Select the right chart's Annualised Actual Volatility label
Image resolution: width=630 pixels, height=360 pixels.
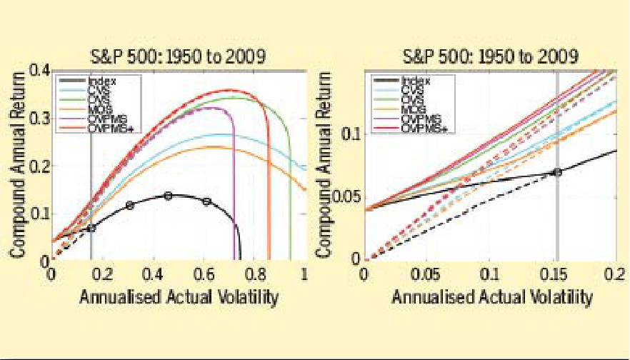(x=491, y=296)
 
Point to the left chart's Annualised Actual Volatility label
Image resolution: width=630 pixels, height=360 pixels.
(x=179, y=296)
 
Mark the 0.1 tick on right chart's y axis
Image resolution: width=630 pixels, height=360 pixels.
(x=349, y=133)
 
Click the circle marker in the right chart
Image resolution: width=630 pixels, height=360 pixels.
(x=557, y=171)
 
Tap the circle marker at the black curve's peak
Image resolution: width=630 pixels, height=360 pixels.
(x=168, y=195)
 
